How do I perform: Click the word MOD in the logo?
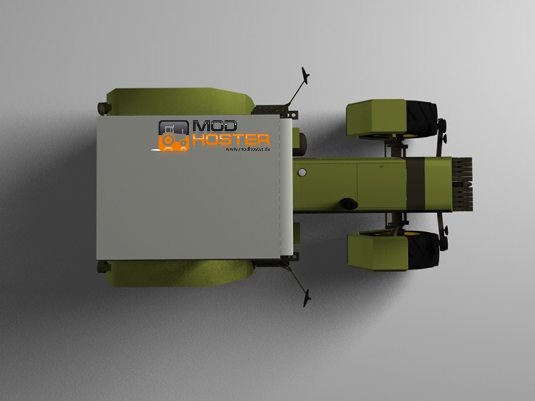(x=215, y=126)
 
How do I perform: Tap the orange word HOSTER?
(x=231, y=140)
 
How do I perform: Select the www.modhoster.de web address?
(x=248, y=149)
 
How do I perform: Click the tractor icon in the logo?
(x=174, y=136)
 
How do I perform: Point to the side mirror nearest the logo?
(x=305, y=76)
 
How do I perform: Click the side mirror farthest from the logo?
(x=307, y=297)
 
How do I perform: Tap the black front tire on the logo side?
(x=422, y=119)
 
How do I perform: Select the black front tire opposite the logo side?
(x=423, y=249)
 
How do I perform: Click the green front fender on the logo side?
(x=376, y=118)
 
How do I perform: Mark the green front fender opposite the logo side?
(x=378, y=252)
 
